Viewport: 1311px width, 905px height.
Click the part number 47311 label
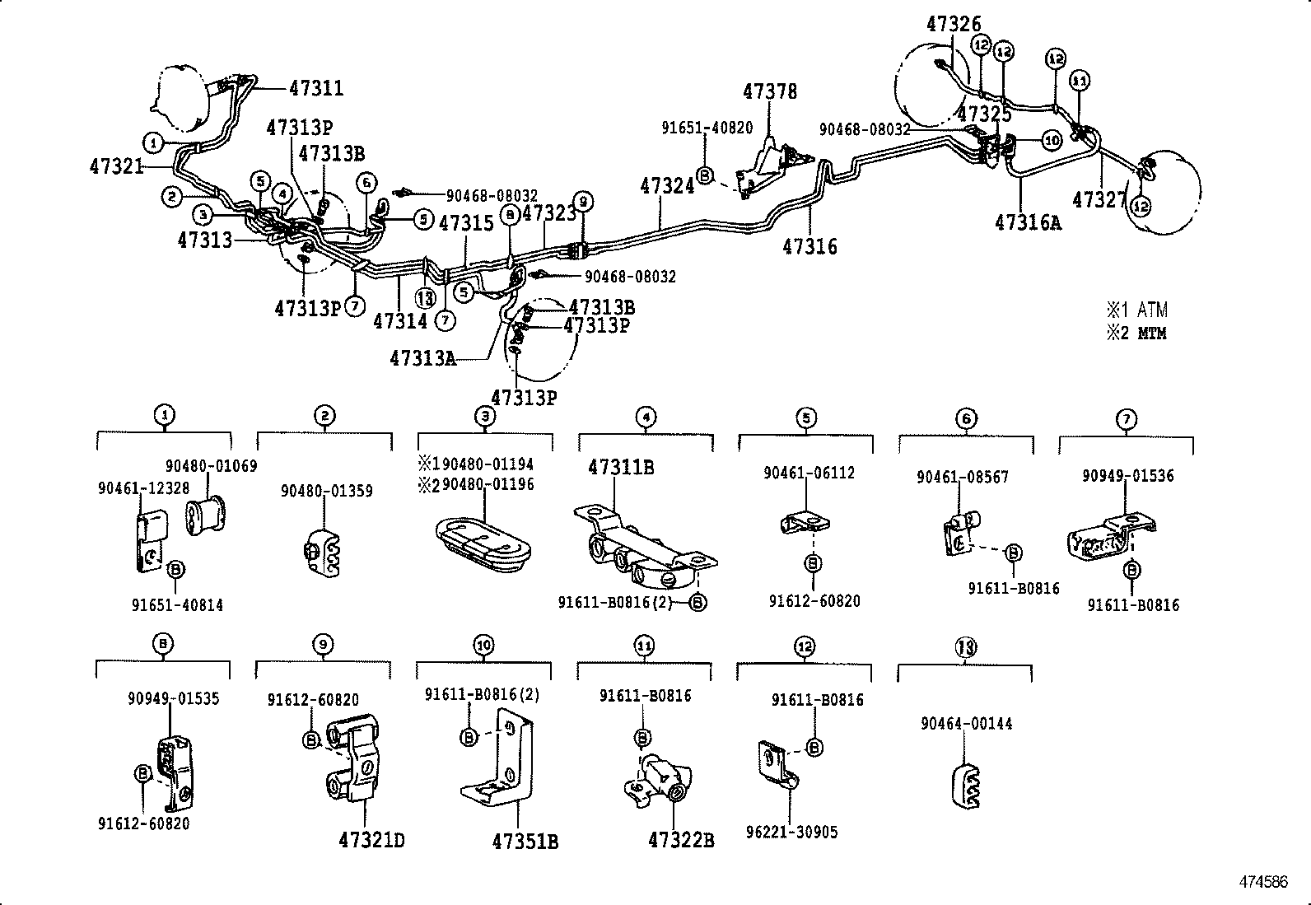coord(315,88)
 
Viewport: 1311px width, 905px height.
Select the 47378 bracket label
coord(770,91)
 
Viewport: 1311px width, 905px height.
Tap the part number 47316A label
coord(1028,222)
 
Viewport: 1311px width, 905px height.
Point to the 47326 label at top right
coord(954,25)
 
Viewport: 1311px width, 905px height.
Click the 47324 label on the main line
coord(667,187)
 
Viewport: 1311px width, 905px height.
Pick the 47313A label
coord(422,358)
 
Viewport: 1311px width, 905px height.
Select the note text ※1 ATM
coord(1136,310)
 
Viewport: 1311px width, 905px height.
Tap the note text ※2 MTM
coord(1136,334)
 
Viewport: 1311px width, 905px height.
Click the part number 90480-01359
coord(326,491)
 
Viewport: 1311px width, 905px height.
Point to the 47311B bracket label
coord(621,467)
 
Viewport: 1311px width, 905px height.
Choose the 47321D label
coord(371,840)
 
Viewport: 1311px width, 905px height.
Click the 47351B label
coord(525,842)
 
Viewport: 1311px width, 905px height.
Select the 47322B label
coord(681,840)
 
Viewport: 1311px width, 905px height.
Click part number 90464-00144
coord(966,724)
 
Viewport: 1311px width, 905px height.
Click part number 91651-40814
coord(177,605)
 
